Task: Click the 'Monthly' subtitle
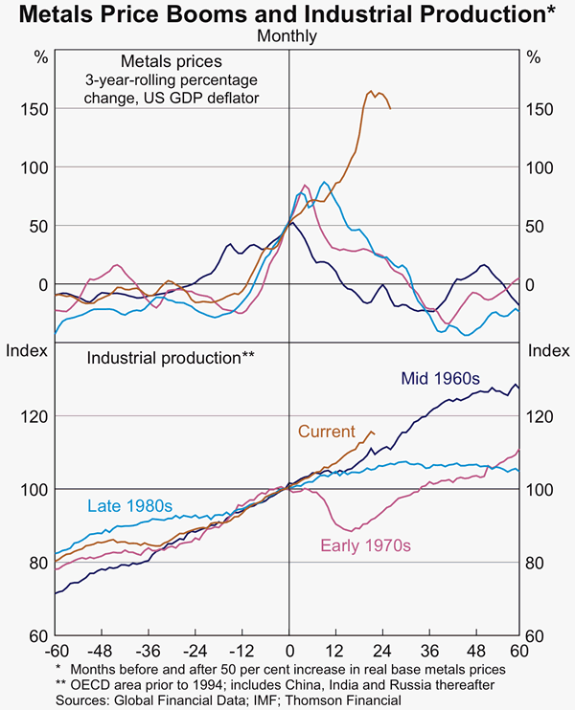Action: click(x=287, y=36)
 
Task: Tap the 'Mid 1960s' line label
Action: click(x=438, y=379)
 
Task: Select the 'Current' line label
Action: click(x=326, y=433)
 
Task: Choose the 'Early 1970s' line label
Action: click(x=365, y=545)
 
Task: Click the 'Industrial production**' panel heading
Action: click(x=171, y=358)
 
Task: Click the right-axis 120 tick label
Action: click(x=542, y=416)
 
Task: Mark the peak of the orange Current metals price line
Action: click(x=372, y=91)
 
